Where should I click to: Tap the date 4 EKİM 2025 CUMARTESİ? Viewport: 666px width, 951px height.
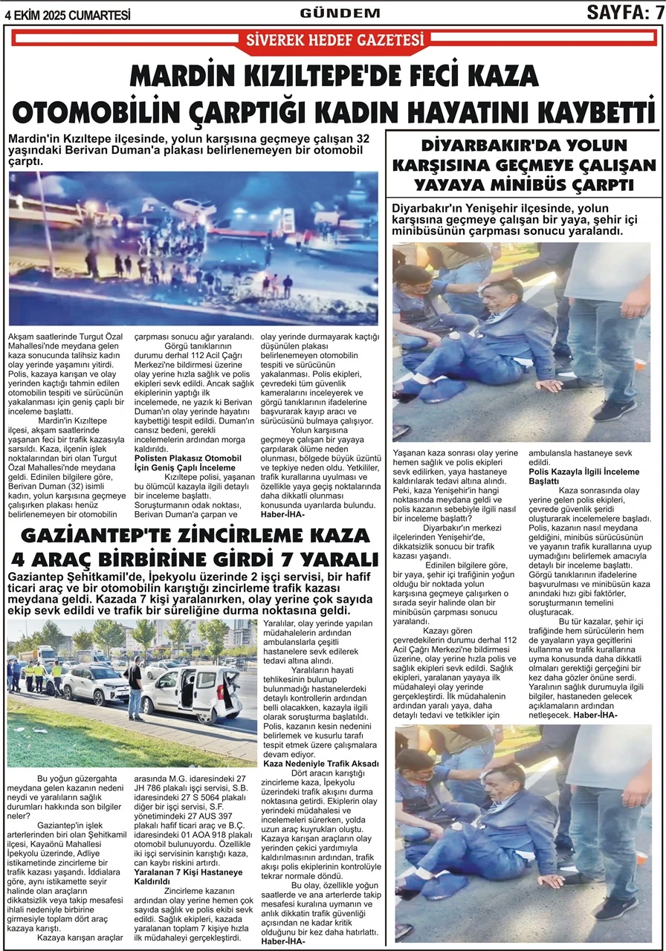pyautogui.click(x=67, y=14)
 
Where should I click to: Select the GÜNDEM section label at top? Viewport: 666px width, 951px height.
pyautogui.click(x=340, y=13)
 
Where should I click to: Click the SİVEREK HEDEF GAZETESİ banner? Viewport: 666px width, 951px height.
pyautogui.click(x=334, y=40)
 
